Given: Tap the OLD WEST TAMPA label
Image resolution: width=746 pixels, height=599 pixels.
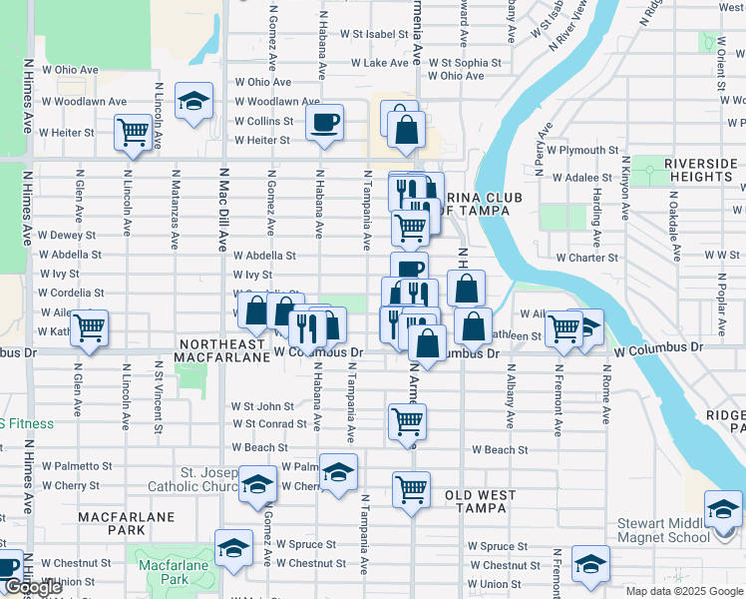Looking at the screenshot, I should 481,502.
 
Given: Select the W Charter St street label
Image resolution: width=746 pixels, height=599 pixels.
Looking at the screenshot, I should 586,258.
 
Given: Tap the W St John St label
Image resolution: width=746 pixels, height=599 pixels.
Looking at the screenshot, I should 262,406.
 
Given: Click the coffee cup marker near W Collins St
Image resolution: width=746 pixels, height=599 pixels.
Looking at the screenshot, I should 324,123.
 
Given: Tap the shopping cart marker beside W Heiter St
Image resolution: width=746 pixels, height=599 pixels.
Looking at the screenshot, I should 133,132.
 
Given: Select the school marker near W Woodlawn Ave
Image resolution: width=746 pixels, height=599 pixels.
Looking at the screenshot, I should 193,101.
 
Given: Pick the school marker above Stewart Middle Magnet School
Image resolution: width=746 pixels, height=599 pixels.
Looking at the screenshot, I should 723,508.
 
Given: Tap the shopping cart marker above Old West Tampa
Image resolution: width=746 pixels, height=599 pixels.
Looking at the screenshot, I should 411,489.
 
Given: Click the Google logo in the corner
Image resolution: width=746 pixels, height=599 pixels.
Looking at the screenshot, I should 34,588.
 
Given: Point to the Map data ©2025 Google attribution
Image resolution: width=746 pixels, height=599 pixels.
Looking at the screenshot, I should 683,591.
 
